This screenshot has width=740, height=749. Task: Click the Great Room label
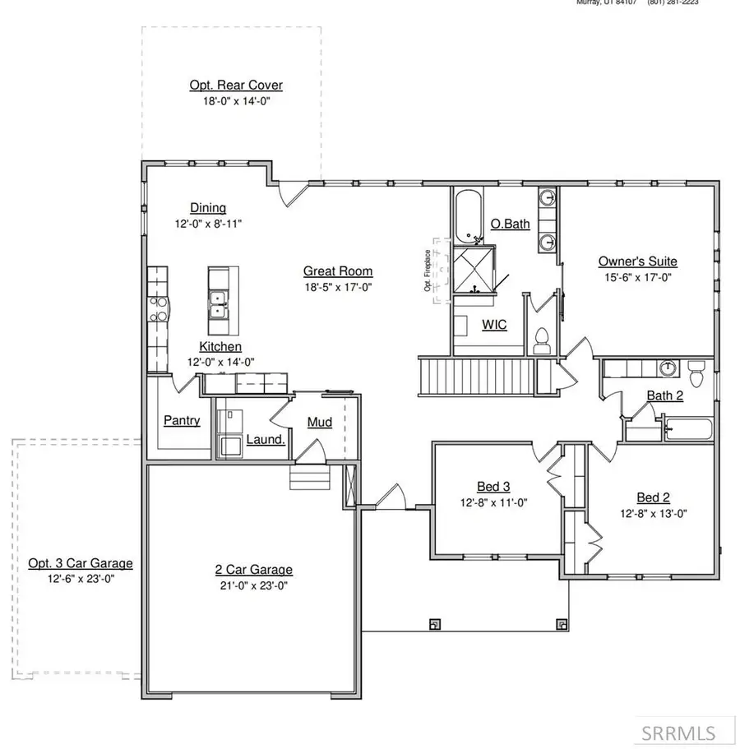pyautogui.click(x=337, y=270)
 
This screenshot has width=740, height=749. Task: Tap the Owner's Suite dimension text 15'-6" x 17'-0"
pyautogui.click(x=637, y=277)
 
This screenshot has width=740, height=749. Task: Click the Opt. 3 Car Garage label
pyautogui.click(x=81, y=563)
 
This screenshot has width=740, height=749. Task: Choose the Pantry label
pyautogui.click(x=182, y=420)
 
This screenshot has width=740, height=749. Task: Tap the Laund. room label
pyautogui.click(x=266, y=439)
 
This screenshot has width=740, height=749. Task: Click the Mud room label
pyautogui.click(x=319, y=423)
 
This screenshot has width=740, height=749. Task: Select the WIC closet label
pyautogui.click(x=493, y=325)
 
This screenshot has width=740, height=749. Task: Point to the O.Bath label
pyautogui.click(x=510, y=224)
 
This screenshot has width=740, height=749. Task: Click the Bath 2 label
pyautogui.click(x=664, y=395)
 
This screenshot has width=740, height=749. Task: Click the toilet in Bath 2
pyautogui.click(x=696, y=374)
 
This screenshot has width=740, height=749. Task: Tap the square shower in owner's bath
pyautogui.click(x=474, y=270)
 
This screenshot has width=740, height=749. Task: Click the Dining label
pyautogui.click(x=208, y=208)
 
